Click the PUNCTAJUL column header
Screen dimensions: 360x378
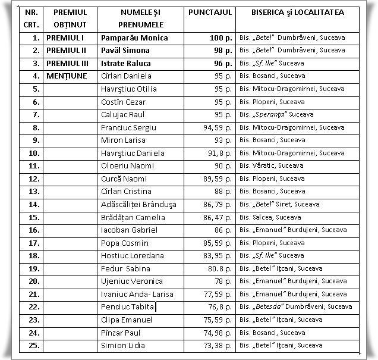tap(210, 12)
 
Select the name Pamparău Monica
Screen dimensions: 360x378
tap(134, 37)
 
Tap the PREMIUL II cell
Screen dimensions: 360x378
tap(67, 51)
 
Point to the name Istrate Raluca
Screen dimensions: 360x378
tap(126, 63)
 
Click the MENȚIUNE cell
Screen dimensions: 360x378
tap(68, 76)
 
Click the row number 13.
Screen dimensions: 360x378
tap(34, 192)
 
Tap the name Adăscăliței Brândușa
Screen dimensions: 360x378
tap(138, 205)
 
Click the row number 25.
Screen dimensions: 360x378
tap(34, 346)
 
